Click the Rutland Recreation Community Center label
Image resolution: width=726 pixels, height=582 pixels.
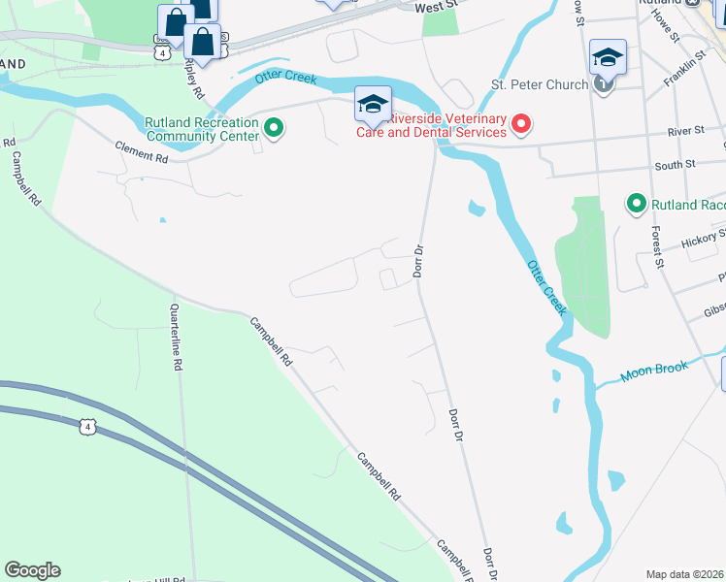point(201,129)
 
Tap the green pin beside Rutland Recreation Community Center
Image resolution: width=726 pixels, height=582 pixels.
point(274,127)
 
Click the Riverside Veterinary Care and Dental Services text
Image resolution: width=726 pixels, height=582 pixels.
point(447,125)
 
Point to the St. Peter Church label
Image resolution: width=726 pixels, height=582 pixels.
point(540,84)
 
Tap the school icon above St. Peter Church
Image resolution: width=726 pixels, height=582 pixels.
point(608,58)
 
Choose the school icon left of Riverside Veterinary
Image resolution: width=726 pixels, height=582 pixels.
point(373,105)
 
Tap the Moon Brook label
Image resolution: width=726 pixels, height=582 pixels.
point(656,370)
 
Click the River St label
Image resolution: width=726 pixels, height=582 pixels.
point(685,131)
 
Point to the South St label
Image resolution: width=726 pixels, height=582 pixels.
point(675,165)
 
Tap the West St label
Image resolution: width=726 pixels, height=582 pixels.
point(435,7)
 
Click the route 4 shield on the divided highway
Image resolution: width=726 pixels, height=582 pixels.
point(88,427)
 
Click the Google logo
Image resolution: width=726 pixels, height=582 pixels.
point(32,570)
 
